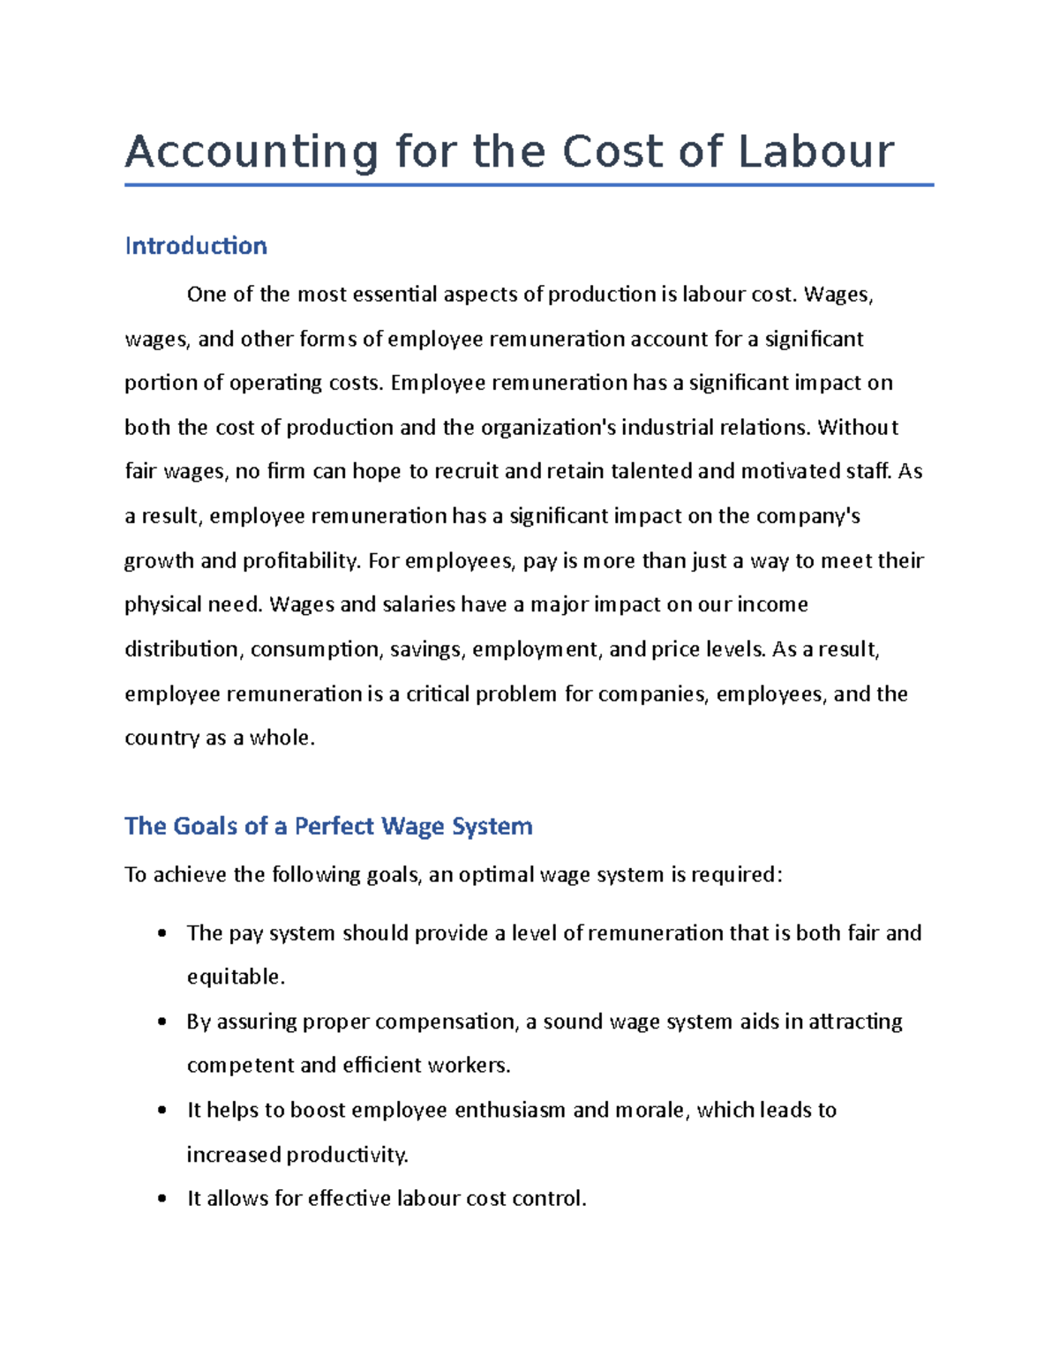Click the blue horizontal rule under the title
529,185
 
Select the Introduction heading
196,245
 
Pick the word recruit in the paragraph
466,472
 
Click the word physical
162,605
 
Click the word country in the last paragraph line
161,738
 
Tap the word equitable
236,977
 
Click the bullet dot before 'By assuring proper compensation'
161,1022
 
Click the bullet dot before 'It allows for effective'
161,1199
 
